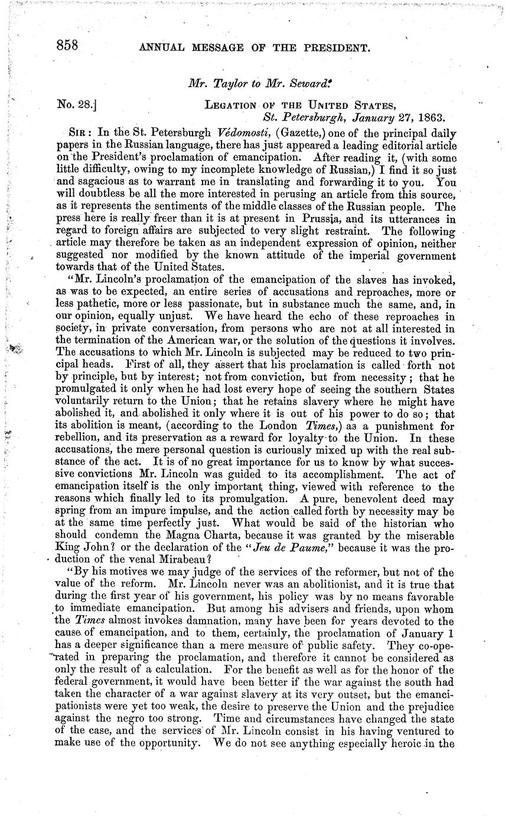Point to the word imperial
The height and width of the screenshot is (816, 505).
tap(375, 255)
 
